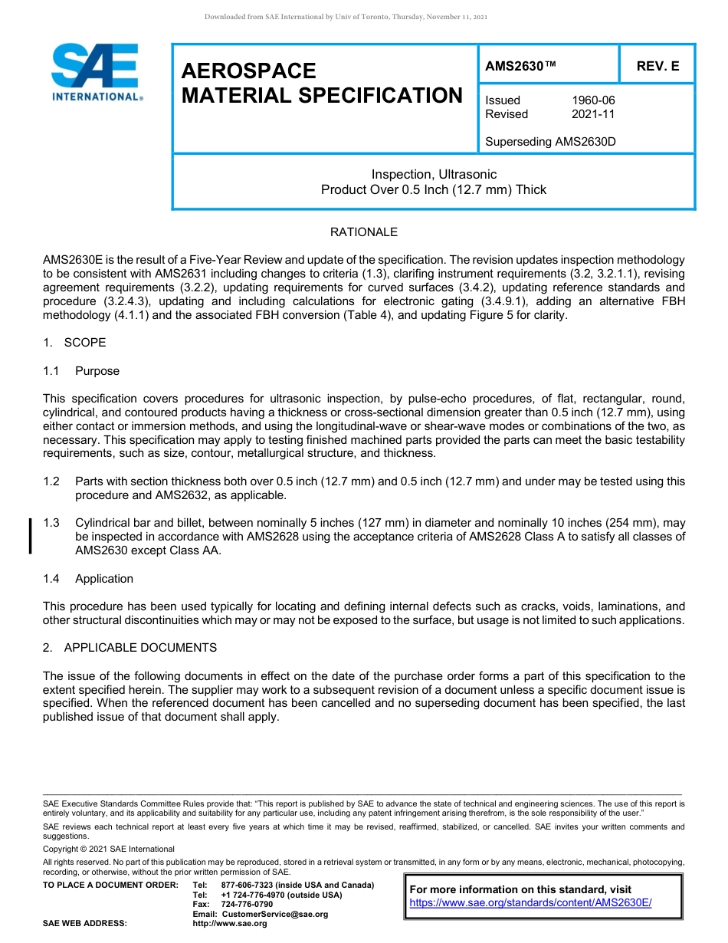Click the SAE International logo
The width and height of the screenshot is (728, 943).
[x=96, y=72]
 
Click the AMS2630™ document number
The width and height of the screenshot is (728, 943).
[x=520, y=67]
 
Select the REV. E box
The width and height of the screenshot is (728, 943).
[x=657, y=67]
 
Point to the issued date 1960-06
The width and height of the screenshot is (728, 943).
[x=593, y=100]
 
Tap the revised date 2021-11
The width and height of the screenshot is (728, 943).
[x=593, y=114]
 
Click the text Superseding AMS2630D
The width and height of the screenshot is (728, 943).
[x=550, y=142]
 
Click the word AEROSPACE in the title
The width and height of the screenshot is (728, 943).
[x=248, y=71]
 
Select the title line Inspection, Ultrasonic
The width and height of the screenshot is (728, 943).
[x=434, y=174]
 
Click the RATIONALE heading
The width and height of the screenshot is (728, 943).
[x=364, y=232]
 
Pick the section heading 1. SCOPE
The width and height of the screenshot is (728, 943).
[x=74, y=343]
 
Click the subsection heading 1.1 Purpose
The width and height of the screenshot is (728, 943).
[x=81, y=371]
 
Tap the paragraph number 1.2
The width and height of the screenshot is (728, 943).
[x=51, y=481]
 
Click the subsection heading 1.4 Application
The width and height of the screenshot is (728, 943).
[x=88, y=579]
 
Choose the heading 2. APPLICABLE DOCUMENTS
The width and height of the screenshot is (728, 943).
[x=130, y=648]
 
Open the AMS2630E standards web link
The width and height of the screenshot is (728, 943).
[x=530, y=903]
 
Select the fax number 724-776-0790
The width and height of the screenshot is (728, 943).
[x=246, y=905]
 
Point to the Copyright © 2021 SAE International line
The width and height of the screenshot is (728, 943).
[x=109, y=849]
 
